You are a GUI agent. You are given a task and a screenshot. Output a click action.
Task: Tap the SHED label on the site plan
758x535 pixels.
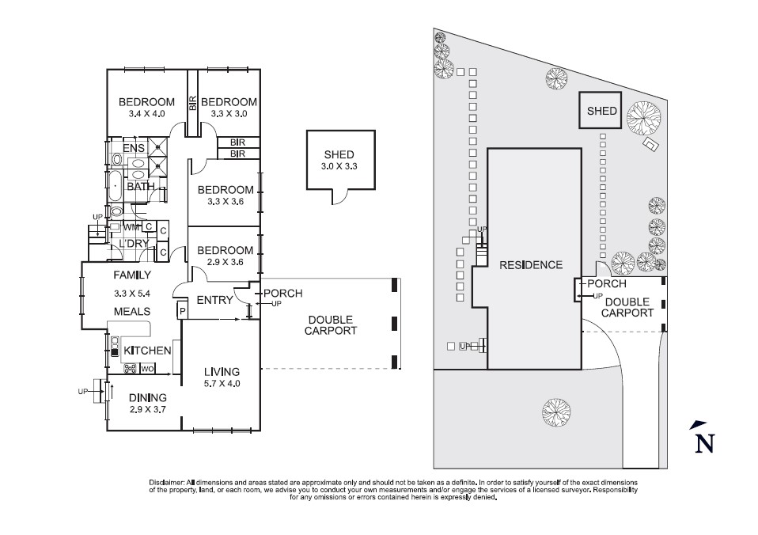point(601,112)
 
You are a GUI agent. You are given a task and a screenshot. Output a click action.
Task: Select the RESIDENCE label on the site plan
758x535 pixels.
point(531,265)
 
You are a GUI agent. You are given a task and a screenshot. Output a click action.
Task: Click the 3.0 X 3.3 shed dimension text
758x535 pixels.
point(339,167)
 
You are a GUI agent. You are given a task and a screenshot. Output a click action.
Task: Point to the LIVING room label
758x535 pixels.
point(222,371)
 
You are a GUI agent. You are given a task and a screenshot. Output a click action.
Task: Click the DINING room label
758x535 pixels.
point(148,397)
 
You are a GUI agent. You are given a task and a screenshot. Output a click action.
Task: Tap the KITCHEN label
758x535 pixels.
point(147,350)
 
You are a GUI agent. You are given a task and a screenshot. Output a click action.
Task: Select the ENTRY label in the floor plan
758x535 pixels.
point(214,300)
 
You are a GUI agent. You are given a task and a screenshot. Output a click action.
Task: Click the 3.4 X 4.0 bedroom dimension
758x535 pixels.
point(146,114)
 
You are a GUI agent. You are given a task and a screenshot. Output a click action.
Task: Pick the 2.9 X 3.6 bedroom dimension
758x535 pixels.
point(226,262)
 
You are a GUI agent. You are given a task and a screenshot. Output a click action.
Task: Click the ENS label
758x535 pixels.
point(134,148)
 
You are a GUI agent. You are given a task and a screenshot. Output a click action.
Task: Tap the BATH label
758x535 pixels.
point(141,187)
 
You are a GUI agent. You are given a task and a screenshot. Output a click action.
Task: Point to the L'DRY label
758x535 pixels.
point(134,244)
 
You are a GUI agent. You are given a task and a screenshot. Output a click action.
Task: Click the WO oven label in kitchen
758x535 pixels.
point(147,369)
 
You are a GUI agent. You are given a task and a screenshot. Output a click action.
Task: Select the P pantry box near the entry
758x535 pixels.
point(182,312)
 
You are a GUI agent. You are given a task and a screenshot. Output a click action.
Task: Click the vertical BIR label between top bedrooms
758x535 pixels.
point(192,102)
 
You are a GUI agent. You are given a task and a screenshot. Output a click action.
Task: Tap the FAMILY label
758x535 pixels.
point(132,275)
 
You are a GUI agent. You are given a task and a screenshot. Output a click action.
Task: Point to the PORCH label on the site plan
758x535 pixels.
point(606,283)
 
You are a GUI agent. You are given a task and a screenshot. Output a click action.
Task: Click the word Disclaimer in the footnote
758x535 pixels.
point(166,482)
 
